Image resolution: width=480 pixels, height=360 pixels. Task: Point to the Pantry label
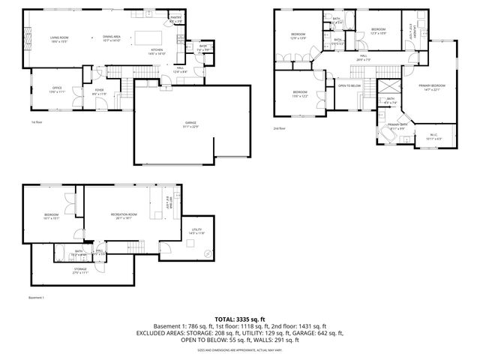point(176,18)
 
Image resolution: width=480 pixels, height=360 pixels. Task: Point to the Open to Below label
point(350,85)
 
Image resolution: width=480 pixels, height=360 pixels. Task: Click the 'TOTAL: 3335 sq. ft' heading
point(239,319)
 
